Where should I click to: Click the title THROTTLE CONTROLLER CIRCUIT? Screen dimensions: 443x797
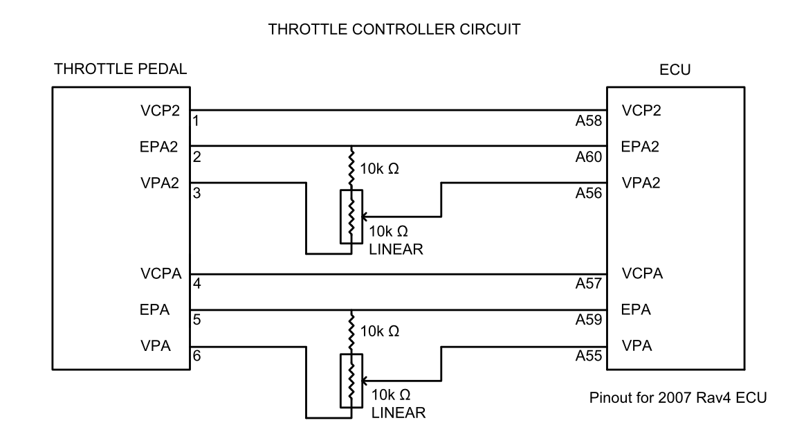pos(398,30)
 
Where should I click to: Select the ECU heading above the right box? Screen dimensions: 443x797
pos(670,70)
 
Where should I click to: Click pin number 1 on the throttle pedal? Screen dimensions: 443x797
pos(196,120)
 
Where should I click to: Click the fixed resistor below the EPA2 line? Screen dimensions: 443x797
pos(351,168)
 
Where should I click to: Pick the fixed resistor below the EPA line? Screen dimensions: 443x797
pos(351,331)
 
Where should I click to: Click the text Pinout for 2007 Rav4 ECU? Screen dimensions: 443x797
pos(668,399)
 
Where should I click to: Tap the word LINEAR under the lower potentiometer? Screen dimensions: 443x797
pos(397,413)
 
